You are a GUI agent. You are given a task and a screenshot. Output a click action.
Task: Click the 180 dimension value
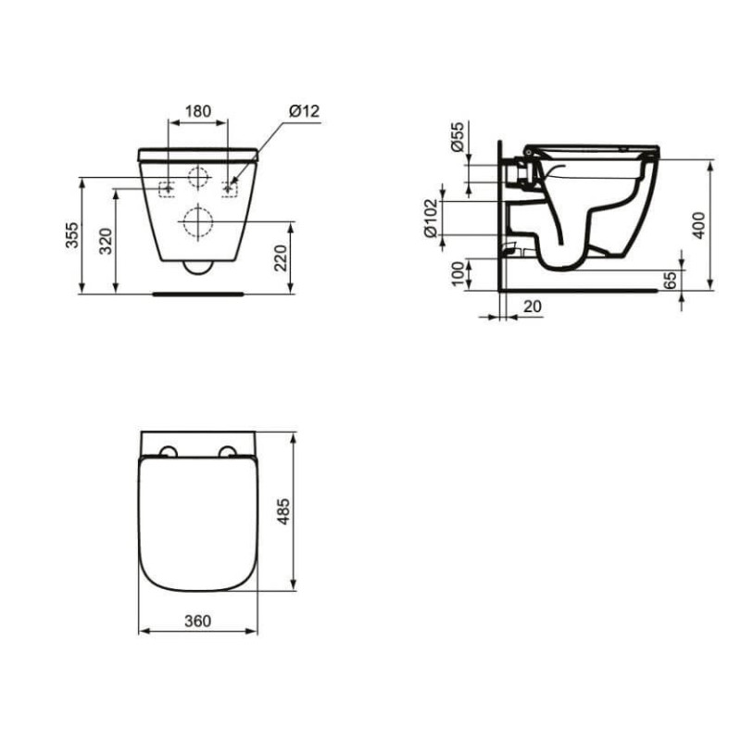point(198,110)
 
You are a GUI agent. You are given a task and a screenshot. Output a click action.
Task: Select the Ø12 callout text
point(303,110)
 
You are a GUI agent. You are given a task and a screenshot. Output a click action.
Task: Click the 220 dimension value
point(281,258)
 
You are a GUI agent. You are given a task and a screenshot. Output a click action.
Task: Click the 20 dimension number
point(532,306)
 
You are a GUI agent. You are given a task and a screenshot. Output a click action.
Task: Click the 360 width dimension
point(198,621)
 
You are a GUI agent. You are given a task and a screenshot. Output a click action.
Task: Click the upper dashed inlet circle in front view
point(197,176)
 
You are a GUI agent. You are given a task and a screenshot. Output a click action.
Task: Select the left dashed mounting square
point(168,189)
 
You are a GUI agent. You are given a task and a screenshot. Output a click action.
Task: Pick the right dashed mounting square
point(229,189)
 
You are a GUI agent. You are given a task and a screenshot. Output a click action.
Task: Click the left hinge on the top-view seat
point(169,452)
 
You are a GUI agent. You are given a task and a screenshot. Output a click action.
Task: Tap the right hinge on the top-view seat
point(227,452)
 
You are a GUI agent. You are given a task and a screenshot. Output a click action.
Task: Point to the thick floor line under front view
point(198,293)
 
